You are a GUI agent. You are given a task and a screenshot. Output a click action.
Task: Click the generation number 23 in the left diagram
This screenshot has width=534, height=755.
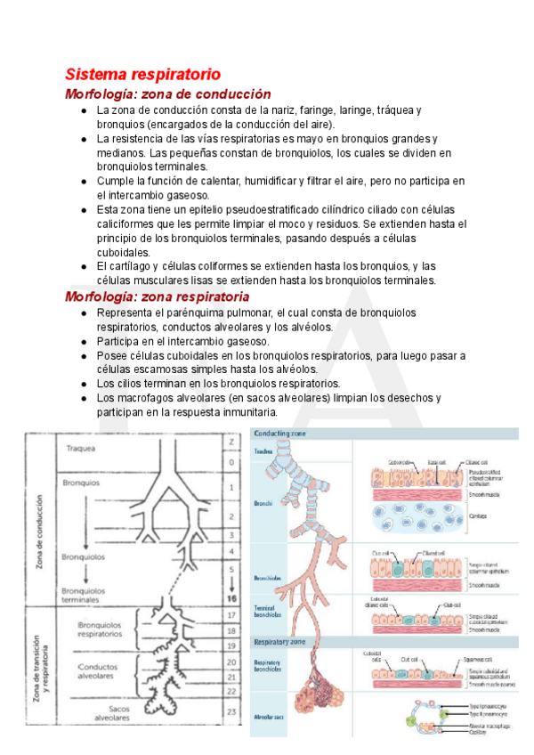pos(231,711)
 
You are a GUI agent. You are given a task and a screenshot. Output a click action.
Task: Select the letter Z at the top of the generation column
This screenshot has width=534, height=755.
pos(231,442)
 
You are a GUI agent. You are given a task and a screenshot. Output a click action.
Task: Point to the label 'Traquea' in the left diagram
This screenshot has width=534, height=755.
pos(81,448)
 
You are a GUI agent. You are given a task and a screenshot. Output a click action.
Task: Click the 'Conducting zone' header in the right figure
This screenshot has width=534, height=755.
pos(280,434)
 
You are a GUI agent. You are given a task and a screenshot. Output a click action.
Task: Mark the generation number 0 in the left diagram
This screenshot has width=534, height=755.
pos(231,463)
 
